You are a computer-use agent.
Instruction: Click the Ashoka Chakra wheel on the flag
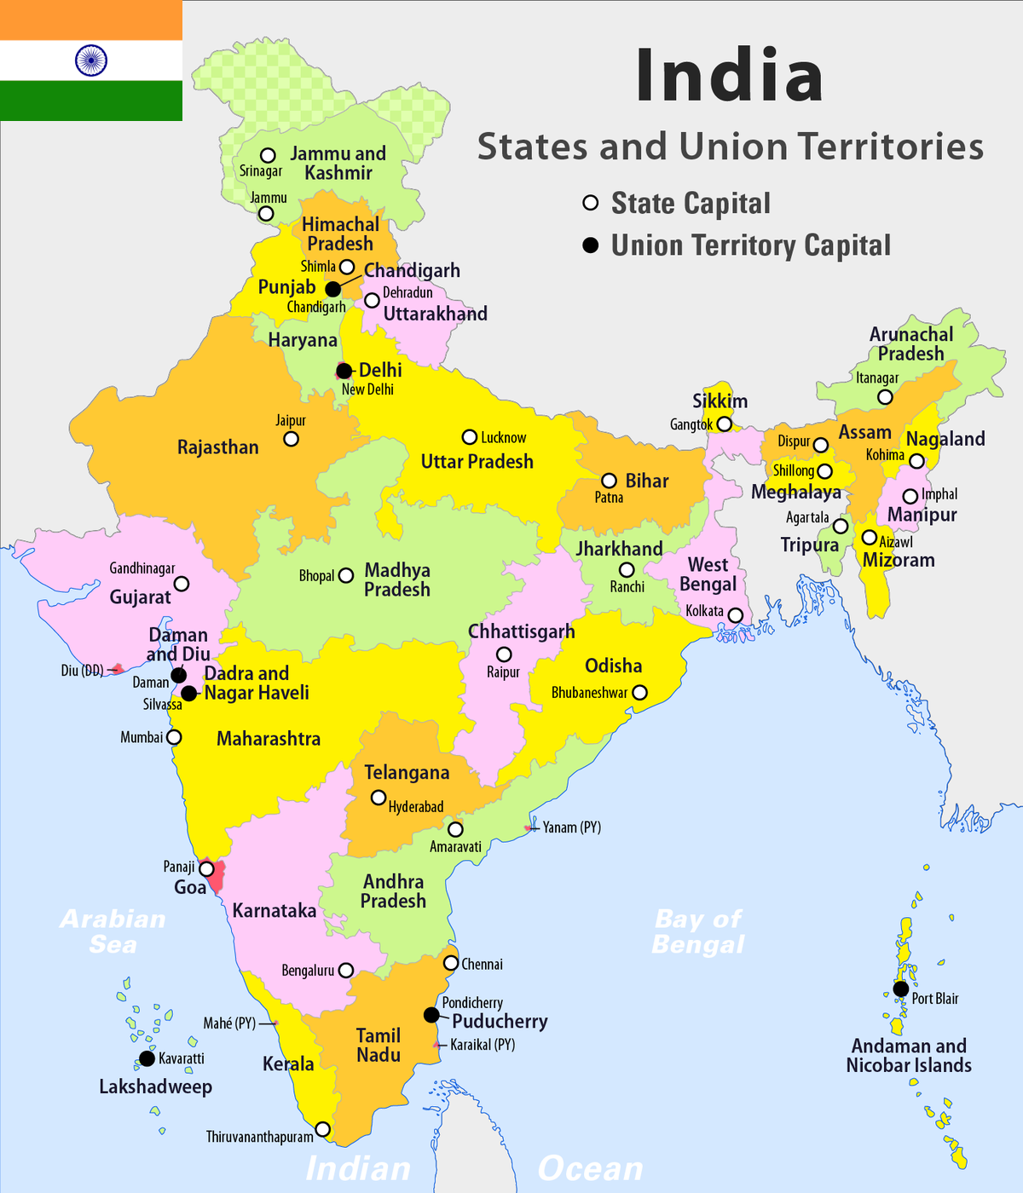[x=91, y=61]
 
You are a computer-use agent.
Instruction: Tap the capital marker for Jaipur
[x=291, y=439]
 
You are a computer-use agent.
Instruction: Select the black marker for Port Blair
[x=900, y=988]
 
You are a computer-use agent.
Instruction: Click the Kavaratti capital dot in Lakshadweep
[x=147, y=1058]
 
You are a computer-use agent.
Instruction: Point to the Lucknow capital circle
[x=469, y=437]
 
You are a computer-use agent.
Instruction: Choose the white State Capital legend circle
[x=590, y=203]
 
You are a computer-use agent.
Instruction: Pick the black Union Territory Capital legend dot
[x=590, y=245]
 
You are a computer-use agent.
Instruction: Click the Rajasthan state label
[x=217, y=447]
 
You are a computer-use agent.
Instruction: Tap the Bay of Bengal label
[x=698, y=931]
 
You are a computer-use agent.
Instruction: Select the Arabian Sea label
[x=113, y=931]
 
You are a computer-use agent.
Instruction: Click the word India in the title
[x=729, y=77]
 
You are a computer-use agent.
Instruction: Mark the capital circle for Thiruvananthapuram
[x=322, y=1129]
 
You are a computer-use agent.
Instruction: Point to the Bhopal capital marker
[x=346, y=575]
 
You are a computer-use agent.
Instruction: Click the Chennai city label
[x=482, y=965]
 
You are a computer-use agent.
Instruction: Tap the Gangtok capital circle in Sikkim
[x=724, y=424]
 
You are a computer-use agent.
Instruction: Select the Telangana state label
[x=407, y=773]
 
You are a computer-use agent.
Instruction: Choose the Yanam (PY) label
[x=571, y=827]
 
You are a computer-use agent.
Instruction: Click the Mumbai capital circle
[x=174, y=737]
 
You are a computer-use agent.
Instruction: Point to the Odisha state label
[x=613, y=666]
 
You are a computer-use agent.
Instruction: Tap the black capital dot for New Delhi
[x=344, y=371]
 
